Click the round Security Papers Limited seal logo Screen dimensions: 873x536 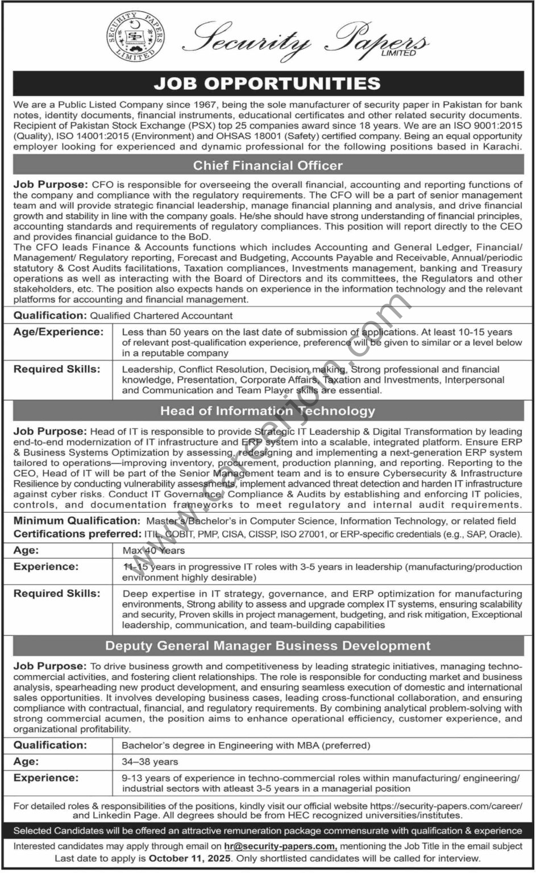pyautogui.click(x=135, y=38)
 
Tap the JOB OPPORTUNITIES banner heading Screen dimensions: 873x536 pyautogui.click(x=268, y=84)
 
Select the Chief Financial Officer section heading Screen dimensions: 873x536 pyautogui.click(x=268, y=165)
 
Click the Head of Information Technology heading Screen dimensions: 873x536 pyautogui.click(x=268, y=411)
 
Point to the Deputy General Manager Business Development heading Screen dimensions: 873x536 pyautogui.click(x=268, y=646)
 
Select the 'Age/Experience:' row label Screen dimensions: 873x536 pyautogui.click(x=59, y=332)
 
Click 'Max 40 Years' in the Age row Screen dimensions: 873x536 pyautogui.click(x=153, y=550)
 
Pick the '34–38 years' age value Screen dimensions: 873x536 pyautogui.click(x=150, y=762)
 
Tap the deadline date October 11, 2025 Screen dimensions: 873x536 pyautogui.click(x=190, y=858)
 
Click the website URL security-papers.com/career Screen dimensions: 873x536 pyautogui.click(x=446, y=806)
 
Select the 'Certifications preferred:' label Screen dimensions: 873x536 pyautogui.click(x=77, y=534)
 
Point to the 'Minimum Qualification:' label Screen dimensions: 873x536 pyautogui.click(x=77, y=521)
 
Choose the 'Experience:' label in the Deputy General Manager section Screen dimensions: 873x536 pyautogui.click(x=46, y=778)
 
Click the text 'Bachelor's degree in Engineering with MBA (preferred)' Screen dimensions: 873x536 pyautogui.click(x=246, y=745)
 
